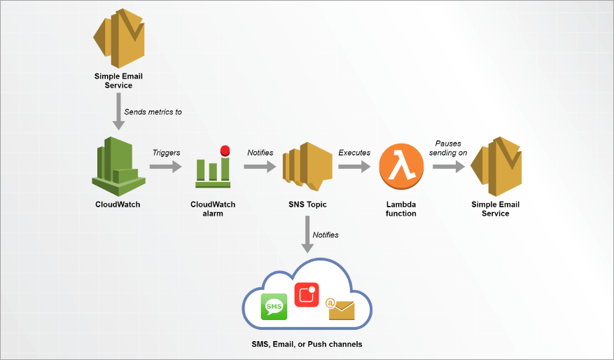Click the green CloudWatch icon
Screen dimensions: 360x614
click(x=118, y=166)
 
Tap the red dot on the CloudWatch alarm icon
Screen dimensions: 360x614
click(x=225, y=151)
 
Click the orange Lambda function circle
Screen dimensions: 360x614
click(x=401, y=167)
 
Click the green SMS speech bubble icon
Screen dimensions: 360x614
click(x=274, y=307)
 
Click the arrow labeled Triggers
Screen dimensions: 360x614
click(x=165, y=167)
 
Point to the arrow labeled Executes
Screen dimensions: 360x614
click(x=354, y=167)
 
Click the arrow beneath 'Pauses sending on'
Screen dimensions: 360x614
click(x=449, y=167)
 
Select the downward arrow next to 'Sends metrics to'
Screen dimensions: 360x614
click(x=118, y=113)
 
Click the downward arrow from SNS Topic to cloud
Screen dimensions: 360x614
click(x=307, y=235)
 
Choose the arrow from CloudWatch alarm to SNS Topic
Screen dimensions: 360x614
click(x=259, y=167)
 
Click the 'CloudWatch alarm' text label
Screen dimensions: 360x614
click(x=213, y=209)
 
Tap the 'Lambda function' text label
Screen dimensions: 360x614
click(x=401, y=209)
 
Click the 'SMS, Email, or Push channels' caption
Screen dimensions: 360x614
click(x=307, y=345)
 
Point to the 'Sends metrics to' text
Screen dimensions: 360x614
click(x=153, y=111)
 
